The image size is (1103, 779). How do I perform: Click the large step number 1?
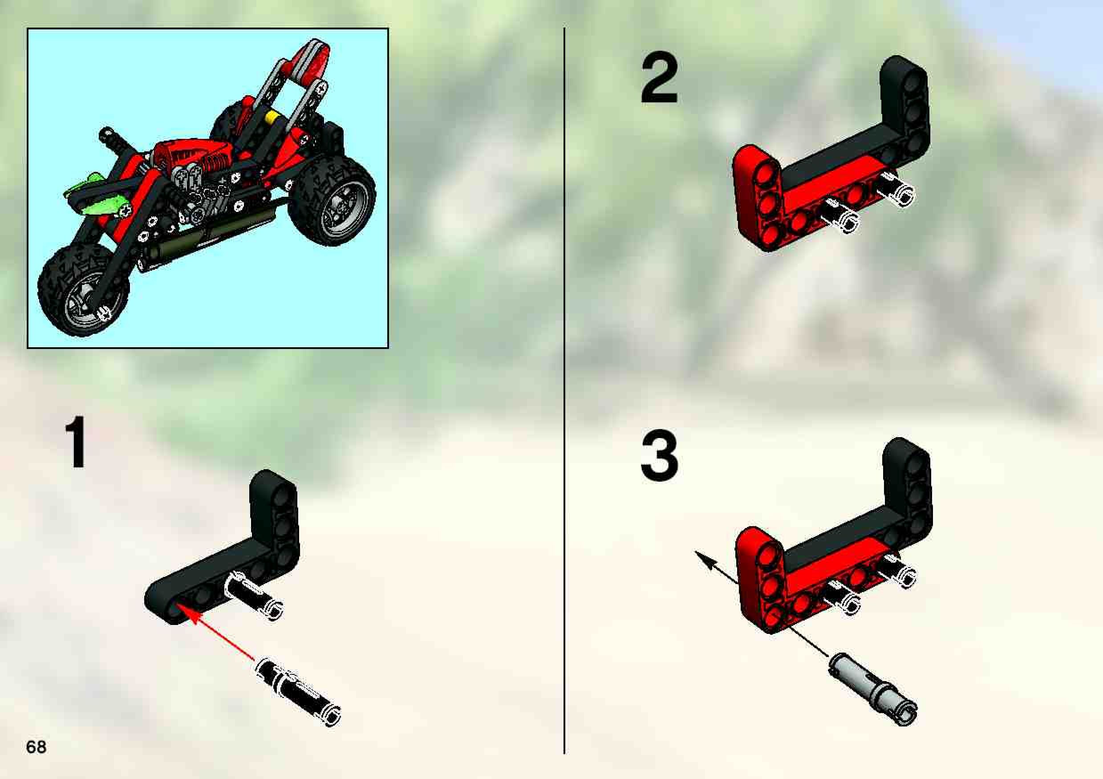click(76, 442)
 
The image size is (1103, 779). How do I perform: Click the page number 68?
click(36, 747)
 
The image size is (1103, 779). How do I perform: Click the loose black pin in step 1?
click(298, 691)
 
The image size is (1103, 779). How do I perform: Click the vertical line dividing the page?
click(564, 390)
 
